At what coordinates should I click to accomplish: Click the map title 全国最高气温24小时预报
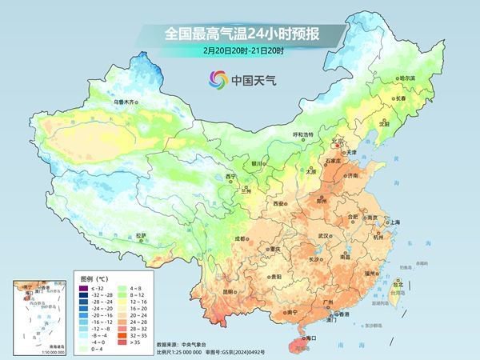click(x=241, y=34)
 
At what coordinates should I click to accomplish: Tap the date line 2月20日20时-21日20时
click(x=241, y=50)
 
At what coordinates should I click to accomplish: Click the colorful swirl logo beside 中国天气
click(x=217, y=78)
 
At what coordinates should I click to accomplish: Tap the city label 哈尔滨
click(x=407, y=78)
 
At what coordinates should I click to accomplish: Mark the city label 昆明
click(x=230, y=291)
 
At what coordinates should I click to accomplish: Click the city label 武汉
click(x=324, y=236)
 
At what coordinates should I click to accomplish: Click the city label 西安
click(x=278, y=205)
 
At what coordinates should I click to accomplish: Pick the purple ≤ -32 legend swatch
click(x=82, y=286)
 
